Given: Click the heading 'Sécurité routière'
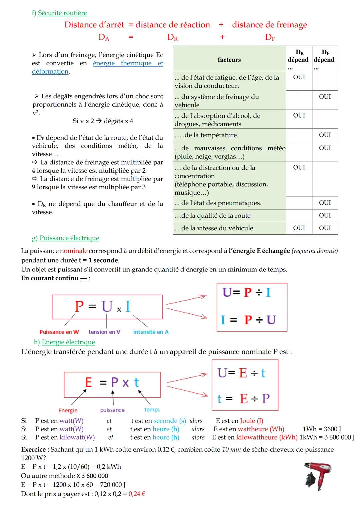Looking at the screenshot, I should pos(62,13).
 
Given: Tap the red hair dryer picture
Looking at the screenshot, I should pos(318,476).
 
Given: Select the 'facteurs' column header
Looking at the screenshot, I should pos(229,60).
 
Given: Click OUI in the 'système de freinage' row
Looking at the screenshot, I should pos(325,97).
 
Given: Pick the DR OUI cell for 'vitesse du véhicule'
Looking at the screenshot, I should pos(299,228).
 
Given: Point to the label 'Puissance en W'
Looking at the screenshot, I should pos(59,332).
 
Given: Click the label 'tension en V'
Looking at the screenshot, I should pos(104,332).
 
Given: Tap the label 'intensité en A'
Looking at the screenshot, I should pos(151,332).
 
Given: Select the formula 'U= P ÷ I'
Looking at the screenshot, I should pos(247,293).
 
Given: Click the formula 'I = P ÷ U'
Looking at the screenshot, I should pos(248,320).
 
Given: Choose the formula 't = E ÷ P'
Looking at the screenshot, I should pos(243,399).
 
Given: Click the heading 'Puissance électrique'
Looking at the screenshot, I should pos(69,238).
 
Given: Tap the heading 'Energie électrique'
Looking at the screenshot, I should pos(68,342).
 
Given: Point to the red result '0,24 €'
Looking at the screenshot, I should pos(137,494).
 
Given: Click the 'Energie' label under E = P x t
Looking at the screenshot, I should pos(68,410).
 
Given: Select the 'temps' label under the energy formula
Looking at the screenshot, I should pos(152,410).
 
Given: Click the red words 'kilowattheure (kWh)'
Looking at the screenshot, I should pos(267,437).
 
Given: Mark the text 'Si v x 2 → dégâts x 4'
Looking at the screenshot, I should pos(103,121).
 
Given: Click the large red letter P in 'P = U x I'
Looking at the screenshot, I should pos(79,306).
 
